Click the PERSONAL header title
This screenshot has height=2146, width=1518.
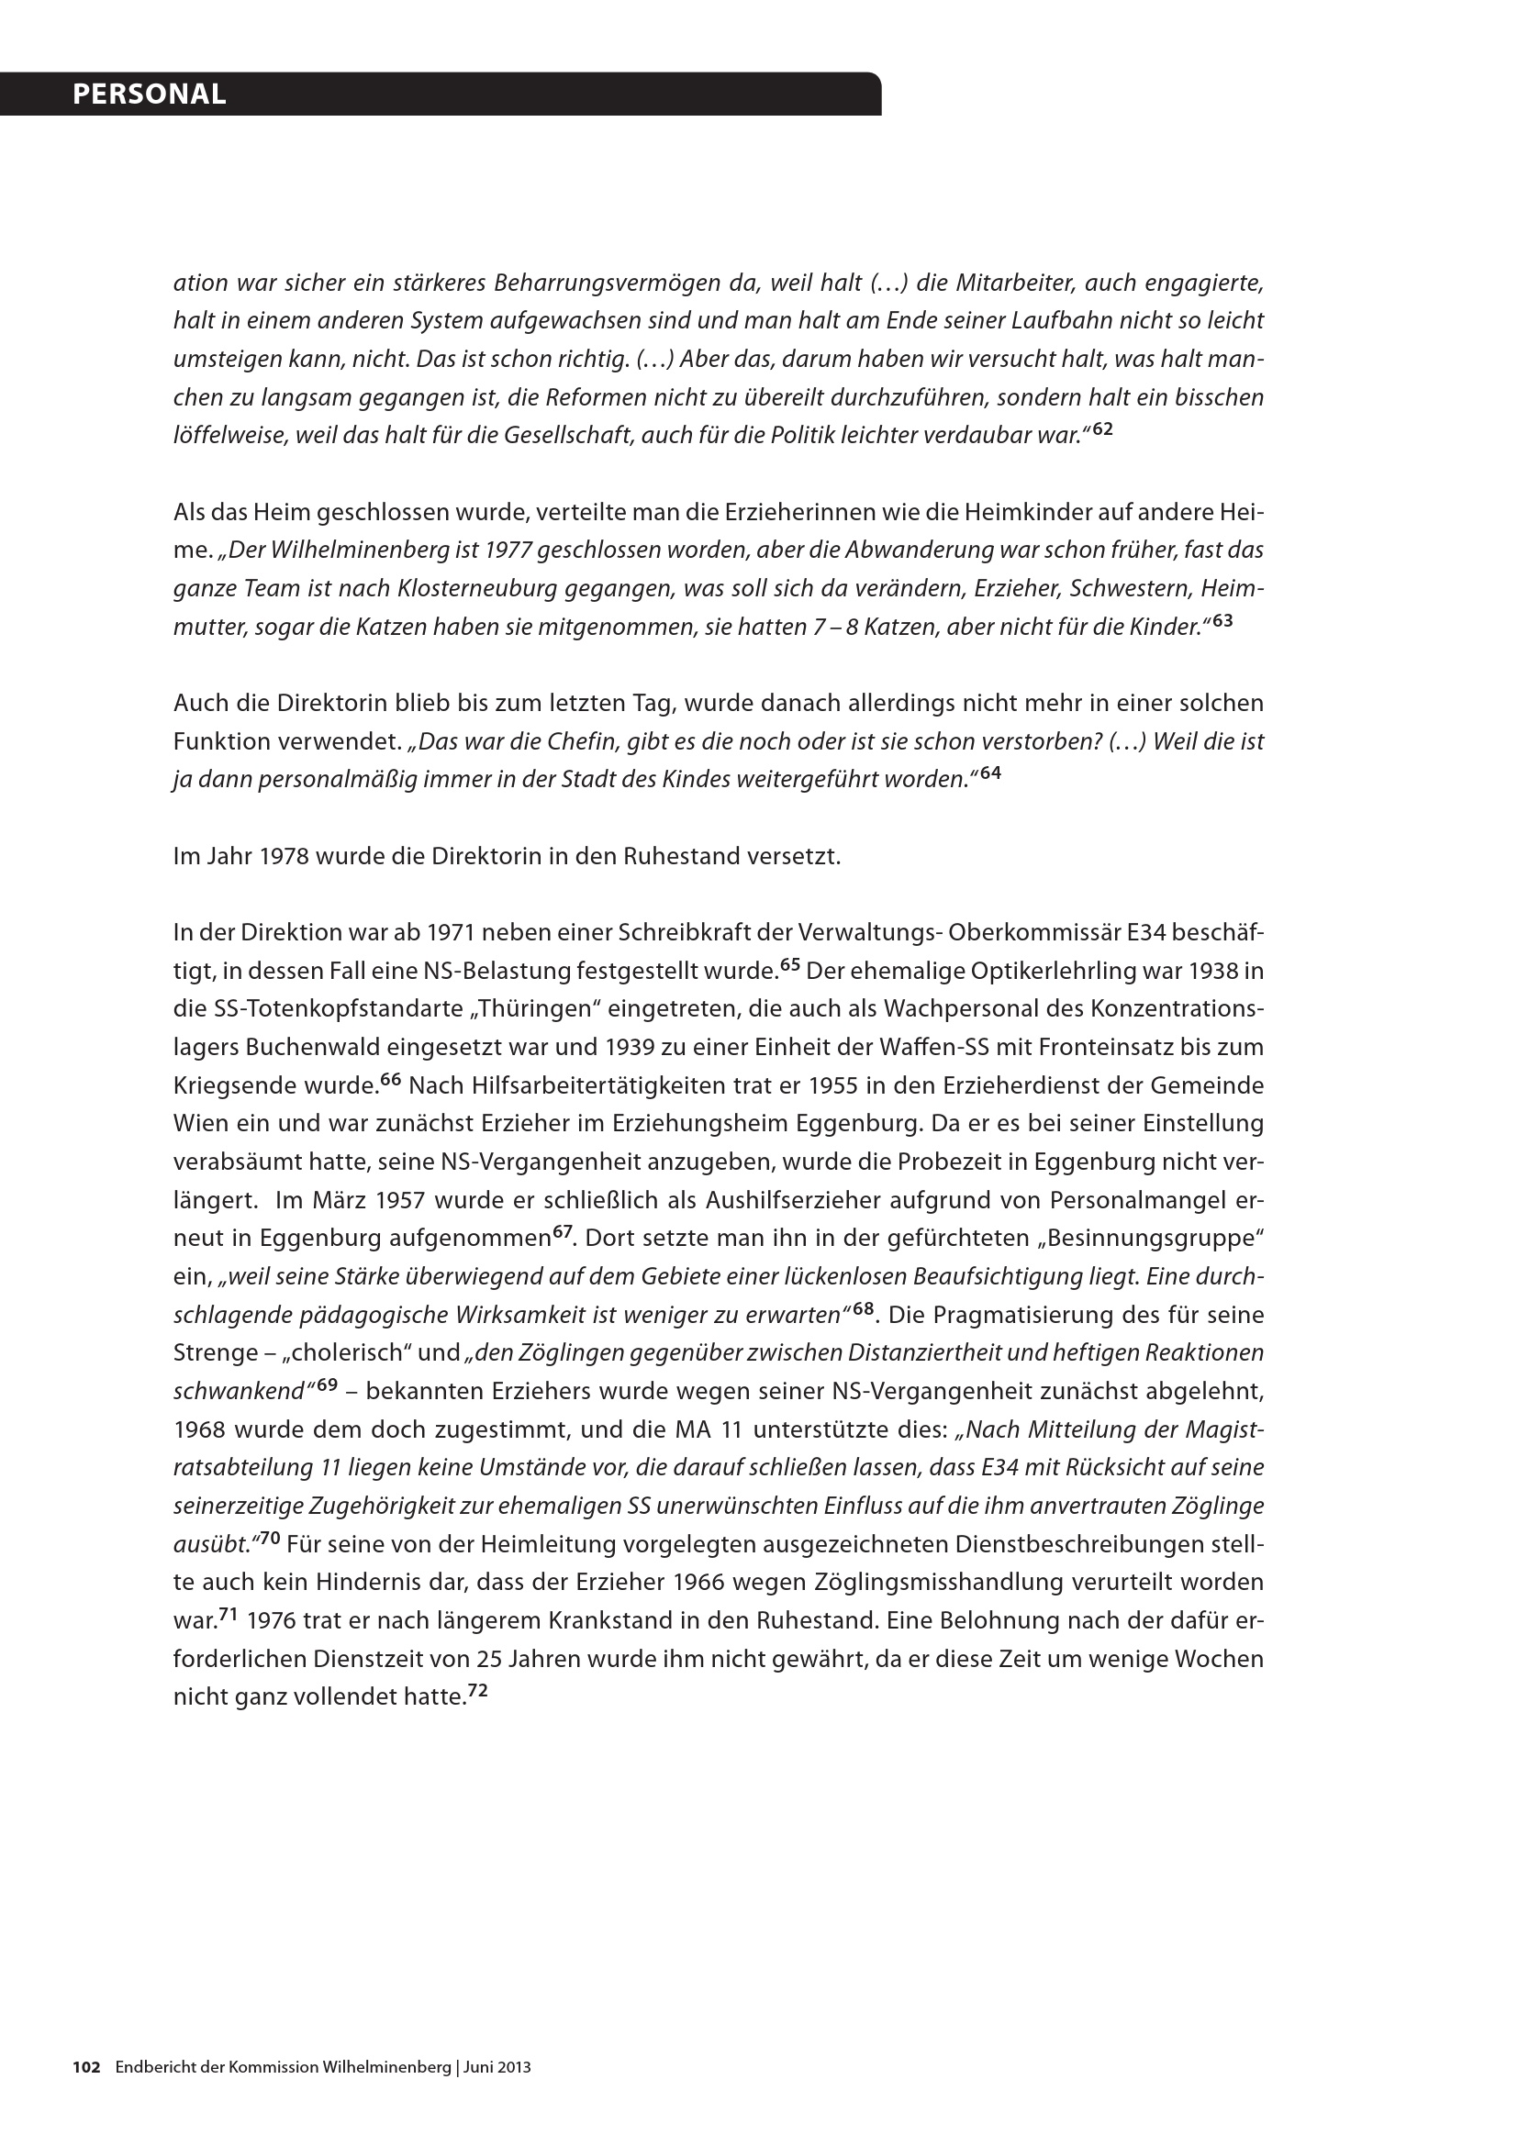point(150,95)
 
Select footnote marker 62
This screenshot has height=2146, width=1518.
point(1103,429)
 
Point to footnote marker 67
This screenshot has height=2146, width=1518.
point(563,1231)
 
